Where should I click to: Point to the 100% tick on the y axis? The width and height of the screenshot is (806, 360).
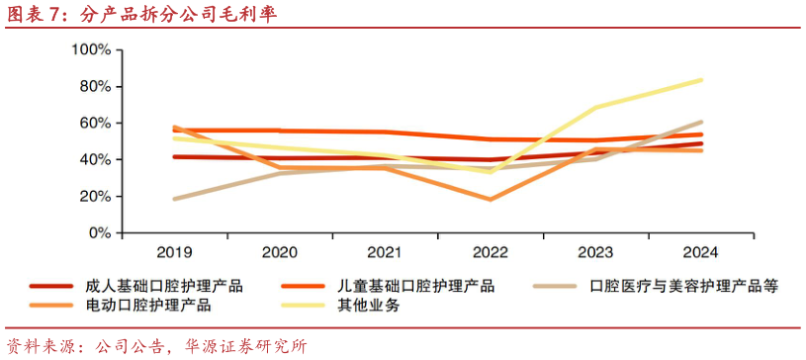[x=90, y=49]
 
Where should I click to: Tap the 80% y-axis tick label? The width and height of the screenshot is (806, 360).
[x=94, y=86]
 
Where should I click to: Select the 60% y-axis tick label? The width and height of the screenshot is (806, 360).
[x=94, y=123]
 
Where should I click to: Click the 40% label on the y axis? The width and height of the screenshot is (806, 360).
[x=94, y=159]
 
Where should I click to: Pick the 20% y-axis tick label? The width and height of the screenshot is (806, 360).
[x=94, y=196]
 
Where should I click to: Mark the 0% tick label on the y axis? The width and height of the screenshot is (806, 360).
[x=98, y=233]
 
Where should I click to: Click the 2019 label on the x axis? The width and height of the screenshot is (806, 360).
[x=174, y=251]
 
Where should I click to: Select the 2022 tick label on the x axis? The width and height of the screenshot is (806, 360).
[x=492, y=251]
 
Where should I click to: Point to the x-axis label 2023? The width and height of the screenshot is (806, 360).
[x=597, y=251]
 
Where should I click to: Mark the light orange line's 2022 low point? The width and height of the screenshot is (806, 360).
[x=492, y=200]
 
